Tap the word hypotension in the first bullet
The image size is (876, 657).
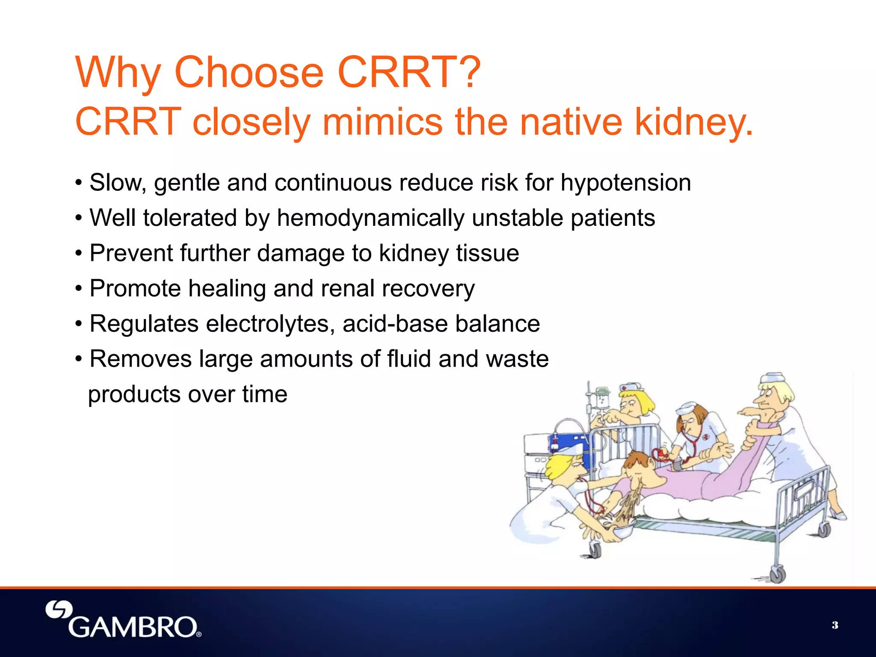(x=625, y=183)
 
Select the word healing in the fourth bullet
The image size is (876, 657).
(x=227, y=289)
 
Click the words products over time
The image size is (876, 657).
(x=187, y=394)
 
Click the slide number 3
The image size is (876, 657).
(x=835, y=625)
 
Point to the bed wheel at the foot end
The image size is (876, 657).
(x=777, y=574)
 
